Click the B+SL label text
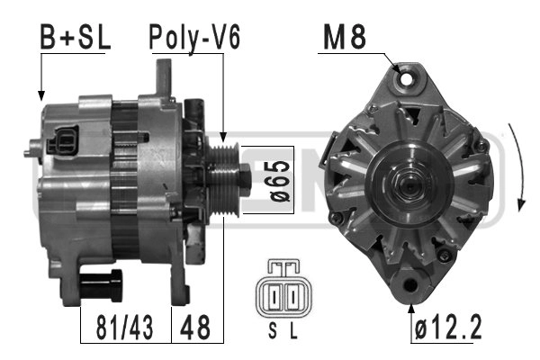pyautogui.click(x=75, y=37)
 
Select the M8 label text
pyautogui.click(x=345, y=37)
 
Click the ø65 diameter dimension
pyautogui.click(x=280, y=180)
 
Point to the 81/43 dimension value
pyautogui.click(x=124, y=328)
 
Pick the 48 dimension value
pyautogui.click(x=195, y=328)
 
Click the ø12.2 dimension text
pyautogui.click(x=448, y=328)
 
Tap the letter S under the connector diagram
pyautogui.click(x=273, y=331)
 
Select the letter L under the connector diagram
pyautogui.click(x=293, y=331)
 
